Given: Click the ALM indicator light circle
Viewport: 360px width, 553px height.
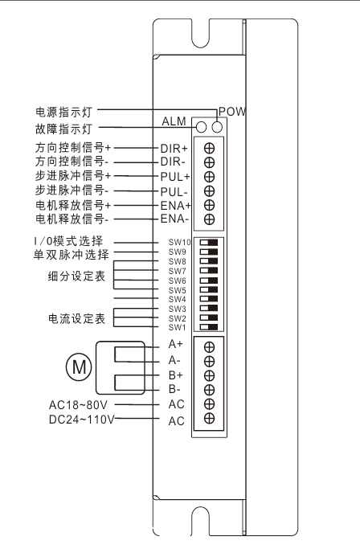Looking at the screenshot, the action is click(x=201, y=127).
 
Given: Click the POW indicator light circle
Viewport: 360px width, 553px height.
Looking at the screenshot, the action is click(x=218, y=127).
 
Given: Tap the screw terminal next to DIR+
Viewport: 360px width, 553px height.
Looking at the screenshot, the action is click(x=209, y=148).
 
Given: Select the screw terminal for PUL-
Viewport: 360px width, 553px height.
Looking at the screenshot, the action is click(x=209, y=190).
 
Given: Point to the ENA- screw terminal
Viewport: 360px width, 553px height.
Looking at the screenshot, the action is click(x=209, y=219).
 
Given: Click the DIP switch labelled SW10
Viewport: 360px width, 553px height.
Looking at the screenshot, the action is click(x=209, y=243).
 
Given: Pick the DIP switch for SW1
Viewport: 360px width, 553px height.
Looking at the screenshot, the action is click(x=209, y=327).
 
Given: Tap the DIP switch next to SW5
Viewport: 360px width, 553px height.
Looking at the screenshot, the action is click(x=209, y=290).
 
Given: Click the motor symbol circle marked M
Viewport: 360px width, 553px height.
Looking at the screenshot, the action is click(x=79, y=367).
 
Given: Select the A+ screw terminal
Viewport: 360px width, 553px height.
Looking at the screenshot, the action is click(x=209, y=347).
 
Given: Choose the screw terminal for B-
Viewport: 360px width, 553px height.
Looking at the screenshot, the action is click(x=209, y=390).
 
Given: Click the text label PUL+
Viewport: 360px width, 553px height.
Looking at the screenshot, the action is click(x=175, y=176).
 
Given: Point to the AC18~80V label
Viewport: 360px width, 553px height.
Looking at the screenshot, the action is click(x=78, y=405).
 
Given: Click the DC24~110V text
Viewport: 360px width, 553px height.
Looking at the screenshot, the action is click(x=82, y=420).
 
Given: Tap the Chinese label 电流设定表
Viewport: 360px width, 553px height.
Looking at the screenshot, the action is click(x=76, y=319).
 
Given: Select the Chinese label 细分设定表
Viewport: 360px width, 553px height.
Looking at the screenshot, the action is click(x=76, y=276).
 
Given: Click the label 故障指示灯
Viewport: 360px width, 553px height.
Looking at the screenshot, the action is click(x=63, y=129).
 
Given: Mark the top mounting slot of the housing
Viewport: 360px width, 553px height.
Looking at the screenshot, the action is click(x=201, y=34).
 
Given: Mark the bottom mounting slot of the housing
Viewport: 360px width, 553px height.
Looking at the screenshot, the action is click(x=201, y=522).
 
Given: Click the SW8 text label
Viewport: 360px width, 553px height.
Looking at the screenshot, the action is click(x=177, y=262).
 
